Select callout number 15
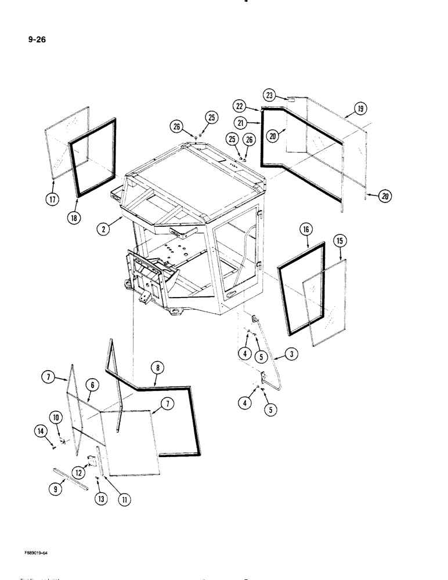point(339,239)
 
